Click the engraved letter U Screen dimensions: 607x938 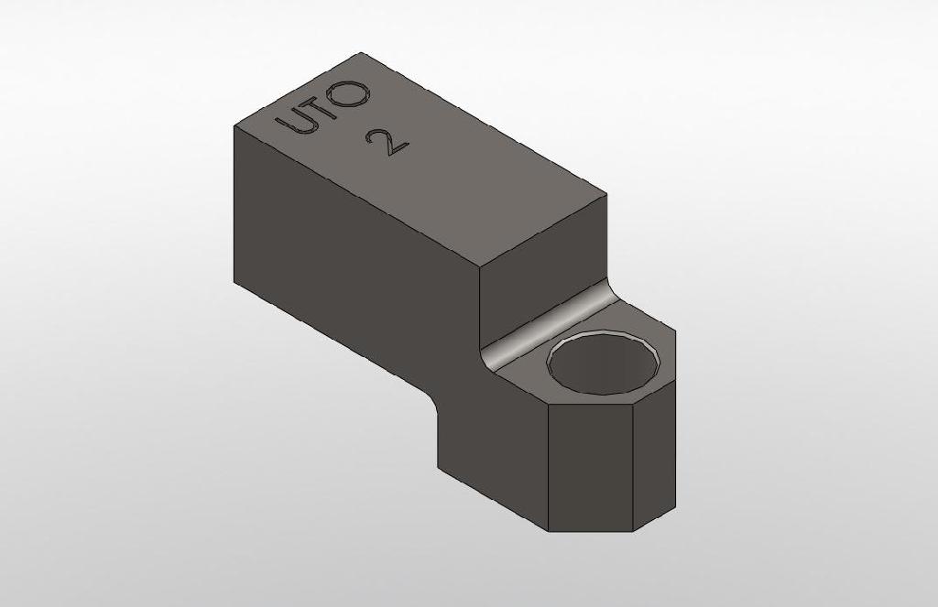296,120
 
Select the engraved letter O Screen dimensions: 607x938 353,92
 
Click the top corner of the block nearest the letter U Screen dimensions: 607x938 234,125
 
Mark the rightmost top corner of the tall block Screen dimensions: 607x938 606,194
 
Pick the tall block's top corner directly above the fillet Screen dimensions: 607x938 480,266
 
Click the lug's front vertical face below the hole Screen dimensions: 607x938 590,467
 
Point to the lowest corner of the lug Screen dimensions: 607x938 549,532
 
